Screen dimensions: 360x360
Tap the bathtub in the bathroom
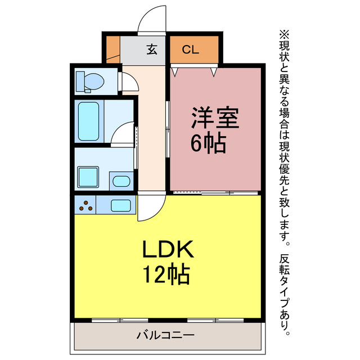click(89, 121)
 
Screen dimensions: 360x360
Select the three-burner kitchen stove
click(85, 206)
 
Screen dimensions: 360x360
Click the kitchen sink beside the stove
click(120, 206)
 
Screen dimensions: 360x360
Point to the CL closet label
click(190, 49)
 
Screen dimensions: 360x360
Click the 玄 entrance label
click(152, 49)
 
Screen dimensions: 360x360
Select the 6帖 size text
click(209, 145)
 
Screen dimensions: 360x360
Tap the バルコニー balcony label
click(165, 336)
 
